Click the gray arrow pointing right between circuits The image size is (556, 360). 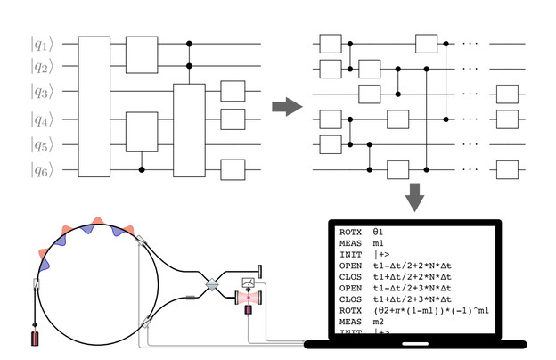[x=286, y=107]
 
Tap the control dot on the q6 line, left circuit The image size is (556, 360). [x=142, y=168]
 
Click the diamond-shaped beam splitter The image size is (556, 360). [x=213, y=284]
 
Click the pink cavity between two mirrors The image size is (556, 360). [x=247, y=299]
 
